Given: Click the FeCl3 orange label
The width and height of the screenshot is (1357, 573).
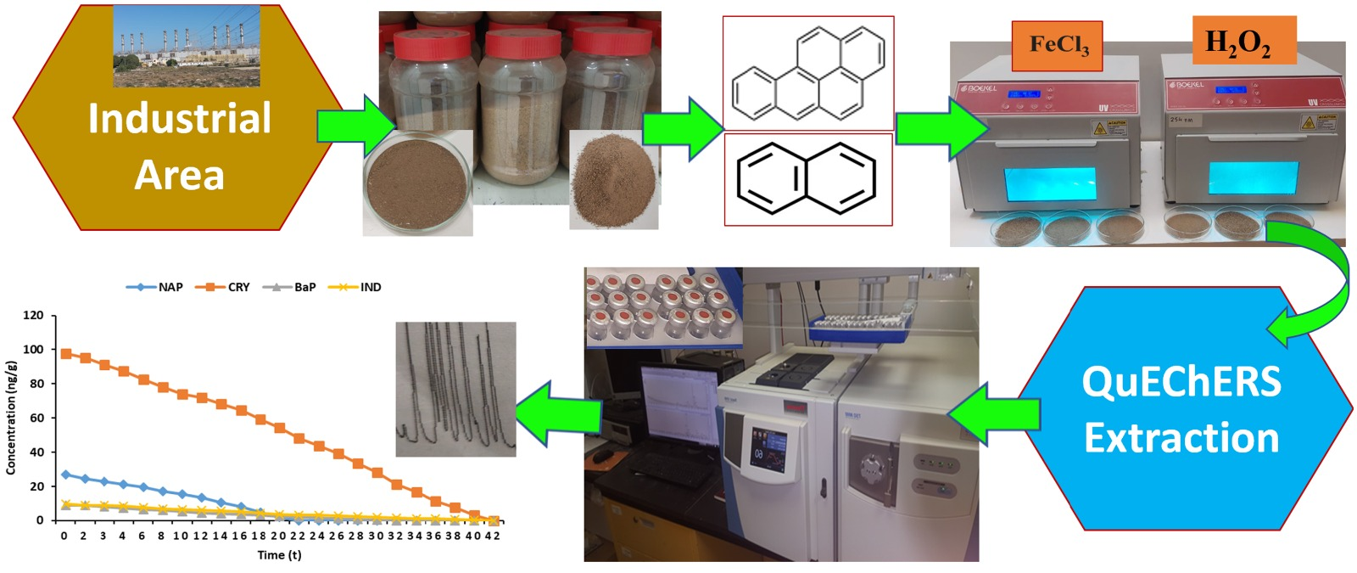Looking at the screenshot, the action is click(1057, 45).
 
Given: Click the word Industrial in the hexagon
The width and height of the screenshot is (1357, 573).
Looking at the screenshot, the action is click(180, 119).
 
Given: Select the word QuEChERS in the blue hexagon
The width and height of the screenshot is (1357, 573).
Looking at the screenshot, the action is click(1181, 381).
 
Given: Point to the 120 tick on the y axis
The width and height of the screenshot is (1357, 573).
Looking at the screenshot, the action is click(34, 315).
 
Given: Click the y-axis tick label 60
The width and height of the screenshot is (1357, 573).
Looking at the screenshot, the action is click(37, 418).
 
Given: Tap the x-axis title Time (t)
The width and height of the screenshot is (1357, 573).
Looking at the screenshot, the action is click(279, 555).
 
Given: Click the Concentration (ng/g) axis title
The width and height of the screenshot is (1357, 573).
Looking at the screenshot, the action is click(11, 417).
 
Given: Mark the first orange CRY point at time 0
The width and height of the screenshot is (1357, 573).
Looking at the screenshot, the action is click(66, 353).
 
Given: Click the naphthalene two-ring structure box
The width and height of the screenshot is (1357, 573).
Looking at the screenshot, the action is click(807, 179).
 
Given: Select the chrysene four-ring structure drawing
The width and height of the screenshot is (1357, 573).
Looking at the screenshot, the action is click(807, 73).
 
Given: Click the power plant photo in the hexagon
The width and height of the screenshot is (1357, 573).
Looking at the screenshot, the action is click(187, 46).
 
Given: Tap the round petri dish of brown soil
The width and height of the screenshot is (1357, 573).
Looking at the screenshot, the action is click(417, 180).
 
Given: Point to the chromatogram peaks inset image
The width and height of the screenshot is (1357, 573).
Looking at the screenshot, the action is click(455, 389).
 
